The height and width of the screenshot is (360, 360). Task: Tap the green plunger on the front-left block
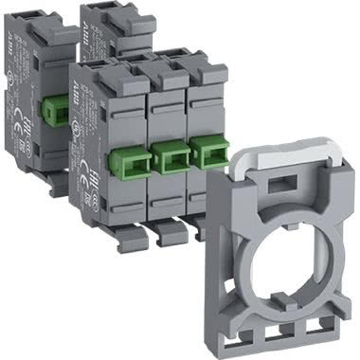(127, 158)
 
